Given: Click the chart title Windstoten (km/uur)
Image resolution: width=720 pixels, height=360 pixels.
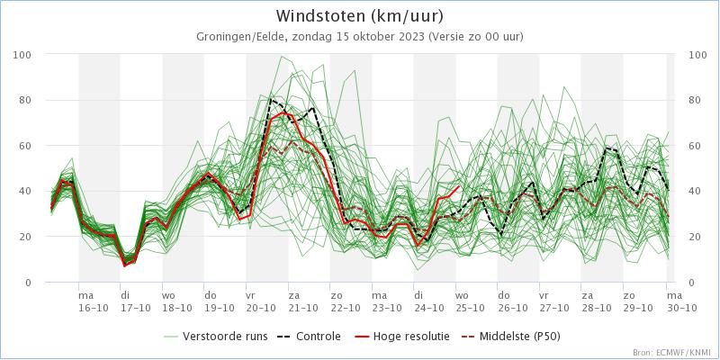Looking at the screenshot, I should tap(360, 16).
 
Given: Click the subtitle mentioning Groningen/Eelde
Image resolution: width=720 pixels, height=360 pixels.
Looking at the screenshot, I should tap(360, 36).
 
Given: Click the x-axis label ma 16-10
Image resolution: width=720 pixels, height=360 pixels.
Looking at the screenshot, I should tap(86, 301).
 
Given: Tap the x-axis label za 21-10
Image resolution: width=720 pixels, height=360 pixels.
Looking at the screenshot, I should tap(294, 301).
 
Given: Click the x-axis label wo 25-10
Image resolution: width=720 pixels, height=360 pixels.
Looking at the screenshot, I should tap(462, 301).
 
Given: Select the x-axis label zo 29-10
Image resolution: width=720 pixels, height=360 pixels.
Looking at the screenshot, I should tap(630, 301).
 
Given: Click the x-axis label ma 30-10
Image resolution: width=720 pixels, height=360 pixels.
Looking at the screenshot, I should tap(670, 301).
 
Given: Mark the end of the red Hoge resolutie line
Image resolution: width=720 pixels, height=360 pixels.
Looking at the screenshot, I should tap(460, 186).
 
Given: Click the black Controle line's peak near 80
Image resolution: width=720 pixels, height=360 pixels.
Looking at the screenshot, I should tap(271, 99).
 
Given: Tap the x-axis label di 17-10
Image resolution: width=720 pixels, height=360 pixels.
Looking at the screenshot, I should tap(127, 301).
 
